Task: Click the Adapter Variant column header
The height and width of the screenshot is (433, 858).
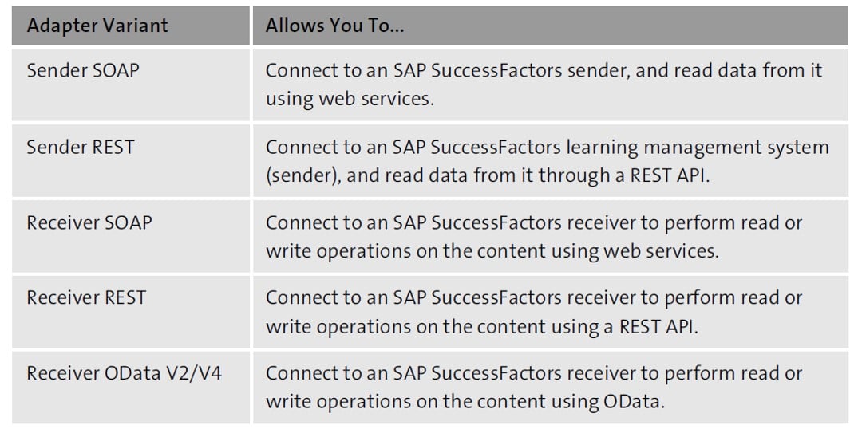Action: coord(97,26)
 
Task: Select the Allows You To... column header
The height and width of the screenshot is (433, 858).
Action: coord(335,26)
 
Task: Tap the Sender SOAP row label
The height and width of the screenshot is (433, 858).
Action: coord(83,70)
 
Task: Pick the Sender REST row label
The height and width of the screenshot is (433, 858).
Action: coord(81,147)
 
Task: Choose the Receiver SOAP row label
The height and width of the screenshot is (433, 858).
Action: coord(89,222)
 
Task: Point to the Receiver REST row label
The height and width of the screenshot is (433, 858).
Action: coord(86,297)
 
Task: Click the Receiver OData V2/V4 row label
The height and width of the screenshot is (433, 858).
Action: coord(125,373)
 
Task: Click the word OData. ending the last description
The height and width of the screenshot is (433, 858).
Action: coord(634,402)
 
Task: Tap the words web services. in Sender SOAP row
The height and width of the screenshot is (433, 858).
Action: coord(377,99)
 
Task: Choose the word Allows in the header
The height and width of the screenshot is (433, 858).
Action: coord(292,26)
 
